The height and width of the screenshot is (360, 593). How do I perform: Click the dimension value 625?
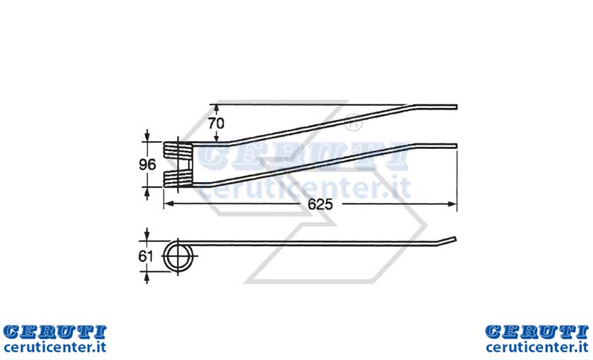click(320, 204)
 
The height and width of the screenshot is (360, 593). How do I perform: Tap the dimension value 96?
click(147, 164)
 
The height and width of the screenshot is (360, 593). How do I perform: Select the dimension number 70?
click(216, 124)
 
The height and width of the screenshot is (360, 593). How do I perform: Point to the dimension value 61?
click(145, 256)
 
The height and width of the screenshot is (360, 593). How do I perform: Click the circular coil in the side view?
click(177, 256)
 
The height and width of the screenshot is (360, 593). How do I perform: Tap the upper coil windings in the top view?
click(178, 149)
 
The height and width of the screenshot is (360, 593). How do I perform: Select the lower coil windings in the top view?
click(178, 179)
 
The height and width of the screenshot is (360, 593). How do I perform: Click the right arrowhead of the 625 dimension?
click(453, 204)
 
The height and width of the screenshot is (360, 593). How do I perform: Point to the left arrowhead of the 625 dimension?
click(169, 204)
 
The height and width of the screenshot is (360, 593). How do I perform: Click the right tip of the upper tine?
click(456, 107)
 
